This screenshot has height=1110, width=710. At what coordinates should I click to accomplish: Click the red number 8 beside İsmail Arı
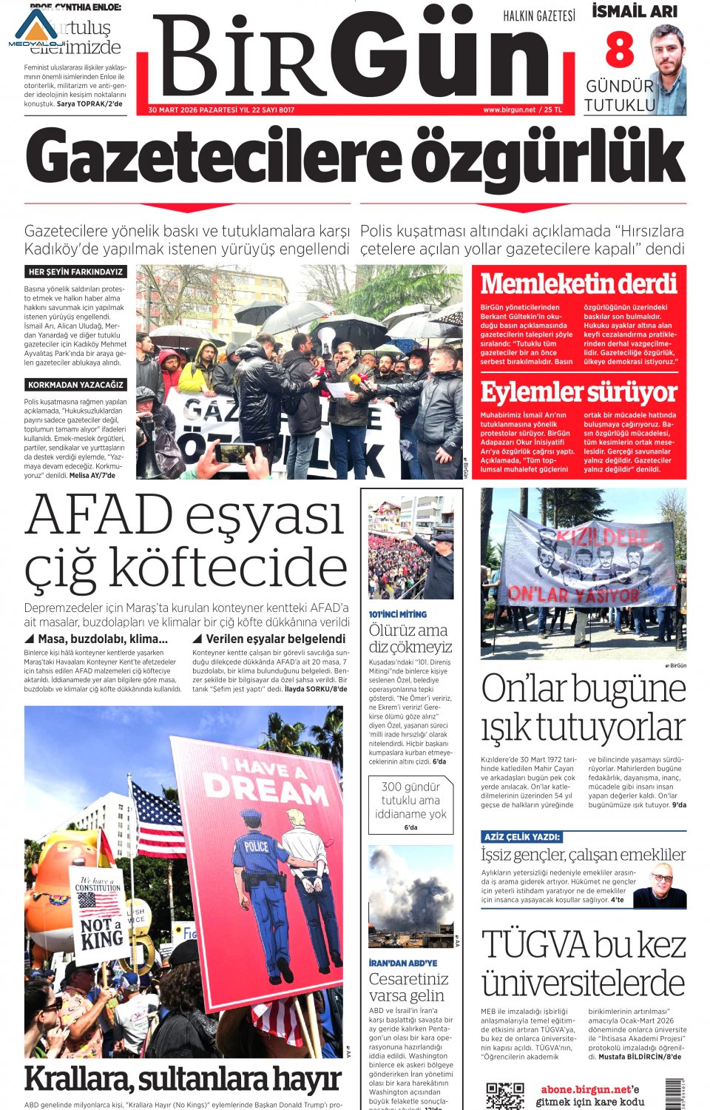(620, 50)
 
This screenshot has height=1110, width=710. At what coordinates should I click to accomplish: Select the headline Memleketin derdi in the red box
(578, 283)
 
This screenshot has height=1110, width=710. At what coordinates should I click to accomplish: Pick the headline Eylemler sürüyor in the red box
(578, 391)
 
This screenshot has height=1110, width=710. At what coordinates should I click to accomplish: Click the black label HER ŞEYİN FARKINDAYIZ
(75, 272)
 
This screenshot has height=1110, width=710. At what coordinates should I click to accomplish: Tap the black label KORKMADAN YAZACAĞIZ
(75, 385)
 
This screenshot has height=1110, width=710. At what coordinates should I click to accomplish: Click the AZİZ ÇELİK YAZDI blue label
(521, 837)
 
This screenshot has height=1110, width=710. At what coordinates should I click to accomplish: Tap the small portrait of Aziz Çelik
(660, 886)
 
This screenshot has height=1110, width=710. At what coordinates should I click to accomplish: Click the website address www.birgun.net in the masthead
(509, 110)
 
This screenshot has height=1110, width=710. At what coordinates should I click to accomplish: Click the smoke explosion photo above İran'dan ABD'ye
(410, 896)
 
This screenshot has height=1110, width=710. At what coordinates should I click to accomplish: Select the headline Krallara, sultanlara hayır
(183, 1080)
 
